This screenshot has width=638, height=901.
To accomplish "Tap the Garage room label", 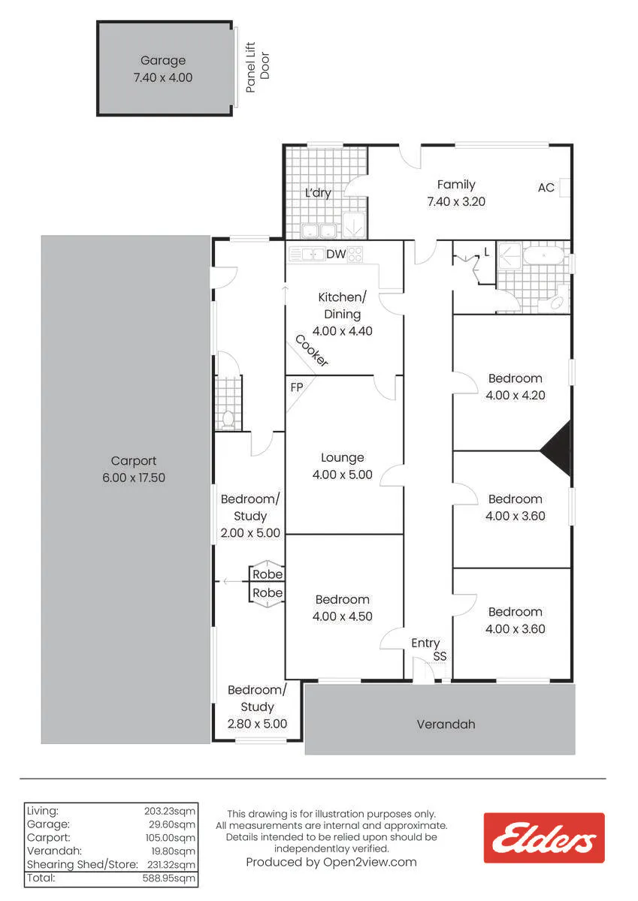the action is (x=163, y=60).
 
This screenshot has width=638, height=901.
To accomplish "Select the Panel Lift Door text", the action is (x=257, y=67).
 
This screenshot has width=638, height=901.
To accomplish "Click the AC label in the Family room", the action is (x=546, y=188).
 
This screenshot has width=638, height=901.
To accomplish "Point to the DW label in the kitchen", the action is (x=336, y=254).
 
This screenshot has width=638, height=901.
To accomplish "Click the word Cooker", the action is (x=312, y=351).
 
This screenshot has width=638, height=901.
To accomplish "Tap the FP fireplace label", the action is (x=297, y=387).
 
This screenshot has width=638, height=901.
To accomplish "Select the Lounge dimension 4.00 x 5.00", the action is (x=342, y=475).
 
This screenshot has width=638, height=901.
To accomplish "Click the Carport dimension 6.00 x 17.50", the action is (x=134, y=478).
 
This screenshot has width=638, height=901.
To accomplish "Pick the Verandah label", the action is (x=446, y=725).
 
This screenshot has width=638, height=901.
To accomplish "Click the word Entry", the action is (x=425, y=643).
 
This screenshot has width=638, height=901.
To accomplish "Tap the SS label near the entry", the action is (x=440, y=656).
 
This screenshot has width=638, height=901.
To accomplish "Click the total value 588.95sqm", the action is (x=168, y=878).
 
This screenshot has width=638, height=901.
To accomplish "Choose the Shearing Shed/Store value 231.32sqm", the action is (x=171, y=864).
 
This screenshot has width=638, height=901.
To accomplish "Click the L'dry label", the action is (x=318, y=193).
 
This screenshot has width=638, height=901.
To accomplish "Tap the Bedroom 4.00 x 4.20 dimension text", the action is (x=516, y=396).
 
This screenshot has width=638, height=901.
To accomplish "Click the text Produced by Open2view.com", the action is (x=331, y=862).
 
